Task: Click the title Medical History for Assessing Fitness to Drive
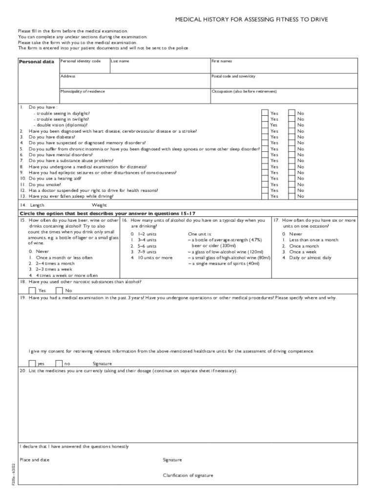(251, 20)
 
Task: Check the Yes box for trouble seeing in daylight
(265, 113)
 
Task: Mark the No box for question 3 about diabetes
(292, 137)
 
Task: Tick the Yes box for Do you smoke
(265, 184)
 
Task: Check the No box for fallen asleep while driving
(292, 196)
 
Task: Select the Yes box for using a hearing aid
(265, 178)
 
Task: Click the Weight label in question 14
(99, 205)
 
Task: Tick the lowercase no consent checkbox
(59, 363)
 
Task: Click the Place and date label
(34, 459)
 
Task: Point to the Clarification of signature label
(188, 475)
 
